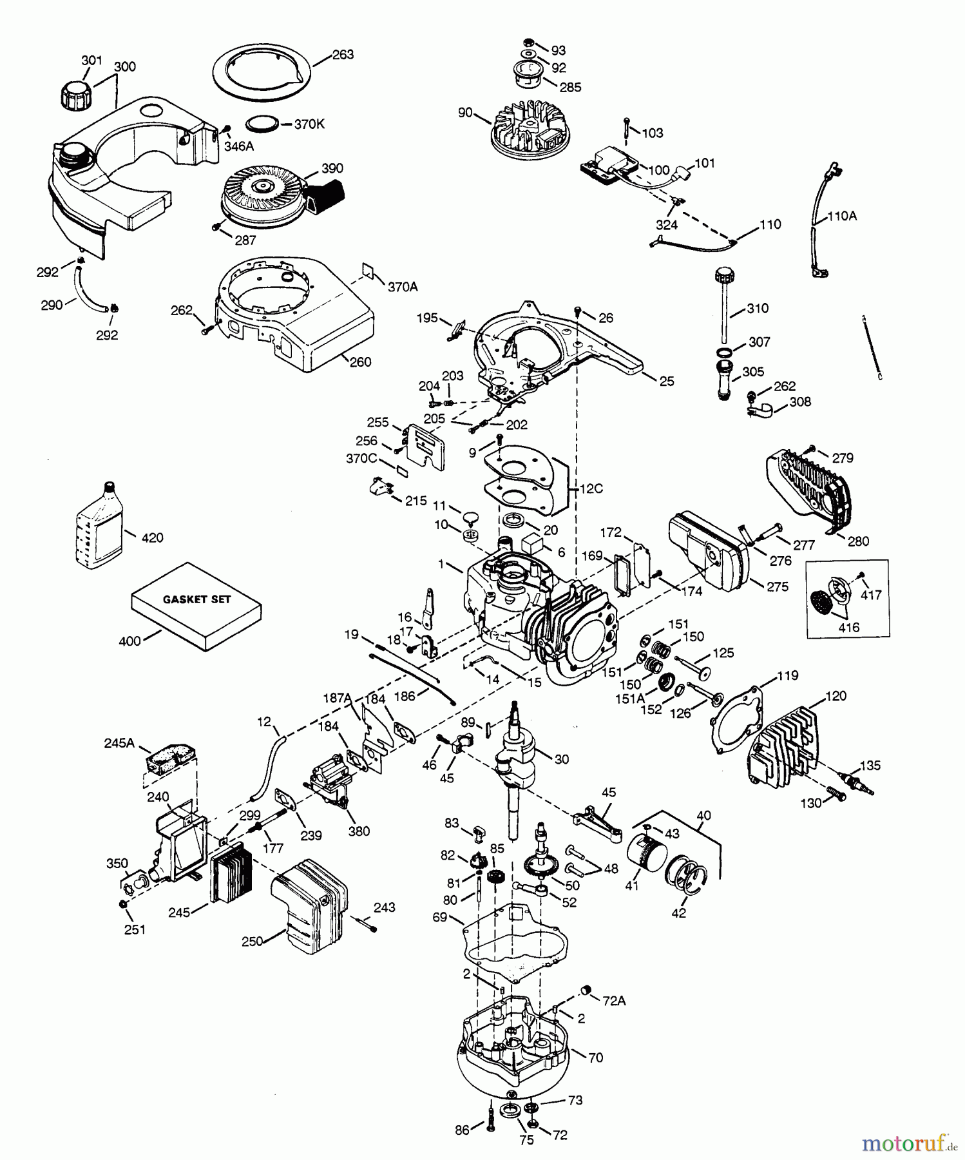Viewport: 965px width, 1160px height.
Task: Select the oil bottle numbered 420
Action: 96,527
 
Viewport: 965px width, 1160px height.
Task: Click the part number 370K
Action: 309,124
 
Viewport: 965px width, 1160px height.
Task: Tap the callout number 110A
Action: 842,217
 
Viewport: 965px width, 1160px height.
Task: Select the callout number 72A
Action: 614,1001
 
